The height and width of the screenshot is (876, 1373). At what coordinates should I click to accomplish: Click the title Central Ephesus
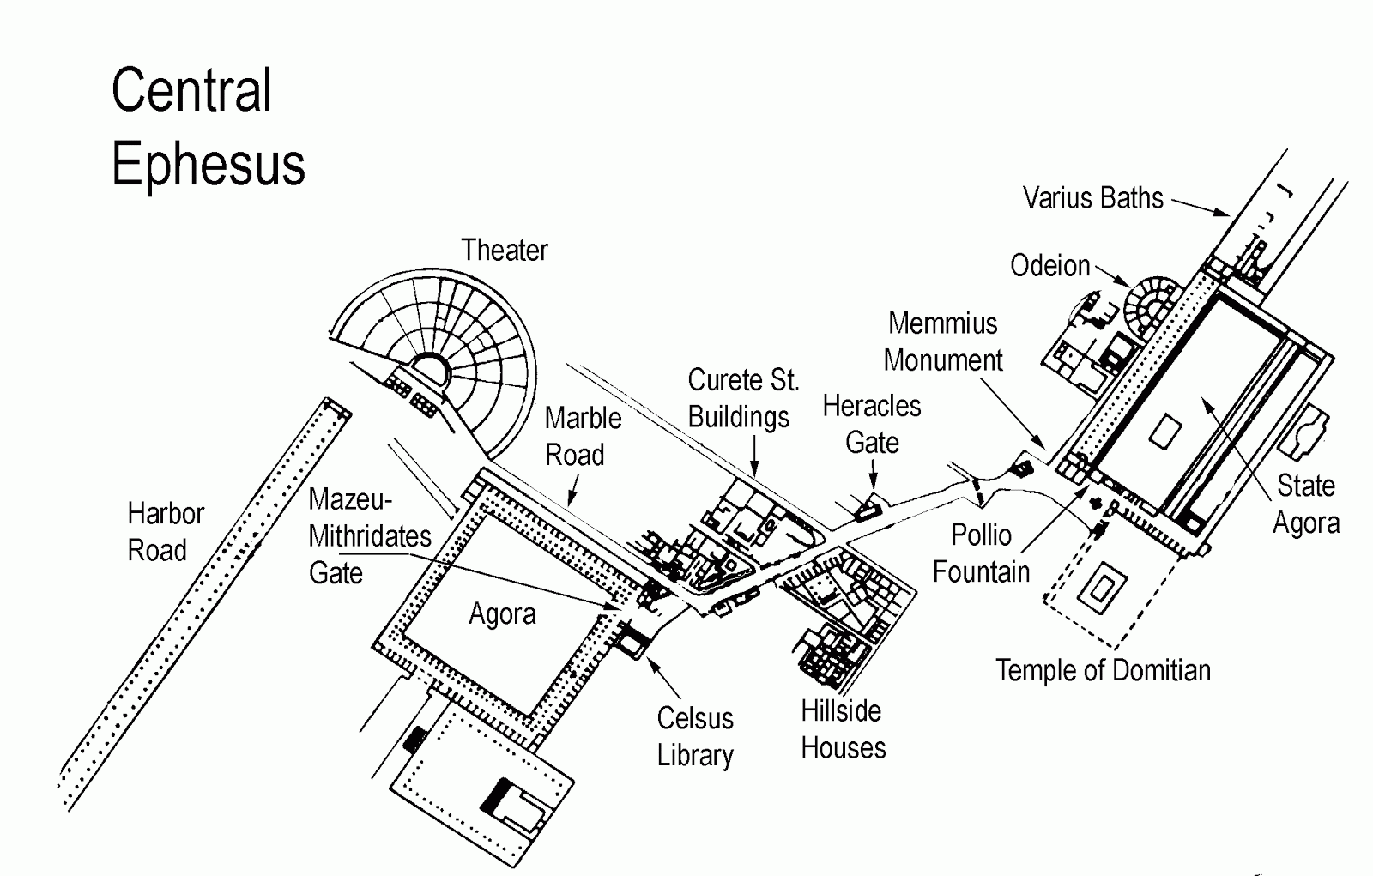(208, 127)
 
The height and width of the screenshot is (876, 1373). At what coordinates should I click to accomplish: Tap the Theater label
(505, 250)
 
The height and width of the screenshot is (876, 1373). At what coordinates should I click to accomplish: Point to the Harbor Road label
(165, 532)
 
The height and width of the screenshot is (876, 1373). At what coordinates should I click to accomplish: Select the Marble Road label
(583, 436)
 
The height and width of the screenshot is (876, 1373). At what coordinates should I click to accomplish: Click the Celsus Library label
(695, 736)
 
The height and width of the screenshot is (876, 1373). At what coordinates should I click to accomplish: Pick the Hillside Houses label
(843, 729)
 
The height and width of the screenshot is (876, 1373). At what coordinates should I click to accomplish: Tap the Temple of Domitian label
(1103, 670)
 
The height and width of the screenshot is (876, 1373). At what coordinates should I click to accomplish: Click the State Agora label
(1305, 504)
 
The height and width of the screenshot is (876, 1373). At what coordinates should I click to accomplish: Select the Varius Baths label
(1092, 198)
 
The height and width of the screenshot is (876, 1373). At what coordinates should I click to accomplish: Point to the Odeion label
(1049, 266)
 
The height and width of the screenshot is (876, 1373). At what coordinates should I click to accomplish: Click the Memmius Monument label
(943, 341)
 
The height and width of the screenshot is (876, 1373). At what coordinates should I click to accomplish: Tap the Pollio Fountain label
(981, 553)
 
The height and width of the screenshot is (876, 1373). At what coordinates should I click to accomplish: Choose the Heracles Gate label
(872, 424)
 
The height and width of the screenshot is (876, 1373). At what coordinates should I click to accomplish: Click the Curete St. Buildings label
(743, 398)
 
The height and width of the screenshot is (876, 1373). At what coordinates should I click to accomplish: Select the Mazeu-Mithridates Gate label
(369, 535)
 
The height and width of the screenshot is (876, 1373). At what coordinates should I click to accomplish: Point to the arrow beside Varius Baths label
(1201, 207)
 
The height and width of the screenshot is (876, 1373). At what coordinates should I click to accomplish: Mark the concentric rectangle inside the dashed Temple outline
(1104, 589)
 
